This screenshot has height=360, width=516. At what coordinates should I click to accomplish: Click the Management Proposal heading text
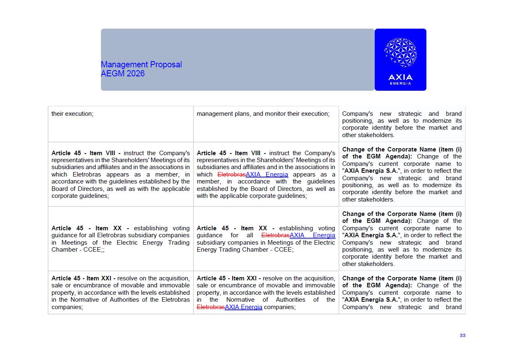click(141, 64)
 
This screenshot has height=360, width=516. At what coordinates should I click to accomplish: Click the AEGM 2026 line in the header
click(122, 74)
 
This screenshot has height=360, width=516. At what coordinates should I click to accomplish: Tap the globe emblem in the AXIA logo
click(400, 53)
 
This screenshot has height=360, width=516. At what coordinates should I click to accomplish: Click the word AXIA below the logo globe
click(400, 77)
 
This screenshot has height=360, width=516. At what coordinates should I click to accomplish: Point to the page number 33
click(462, 335)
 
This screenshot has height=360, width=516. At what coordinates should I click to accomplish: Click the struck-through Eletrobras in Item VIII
click(231, 174)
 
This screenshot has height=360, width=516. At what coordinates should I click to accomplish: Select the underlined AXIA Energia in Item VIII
click(267, 174)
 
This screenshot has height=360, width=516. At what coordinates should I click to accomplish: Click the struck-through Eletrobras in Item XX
click(275, 235)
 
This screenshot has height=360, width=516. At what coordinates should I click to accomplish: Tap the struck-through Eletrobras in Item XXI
click(210, 307)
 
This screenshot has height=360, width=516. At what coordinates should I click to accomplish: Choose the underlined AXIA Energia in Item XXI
click(243, 307)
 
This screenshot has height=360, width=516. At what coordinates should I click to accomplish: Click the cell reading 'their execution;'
click(72, 114)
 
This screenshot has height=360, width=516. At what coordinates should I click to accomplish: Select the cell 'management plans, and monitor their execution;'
click(263, 114)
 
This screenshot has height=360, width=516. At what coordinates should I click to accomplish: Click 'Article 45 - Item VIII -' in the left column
click(86, 153)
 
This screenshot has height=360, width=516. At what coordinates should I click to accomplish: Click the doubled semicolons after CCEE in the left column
click(102, 250)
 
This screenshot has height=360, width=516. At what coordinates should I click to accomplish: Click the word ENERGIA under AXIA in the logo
click(400, 84)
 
